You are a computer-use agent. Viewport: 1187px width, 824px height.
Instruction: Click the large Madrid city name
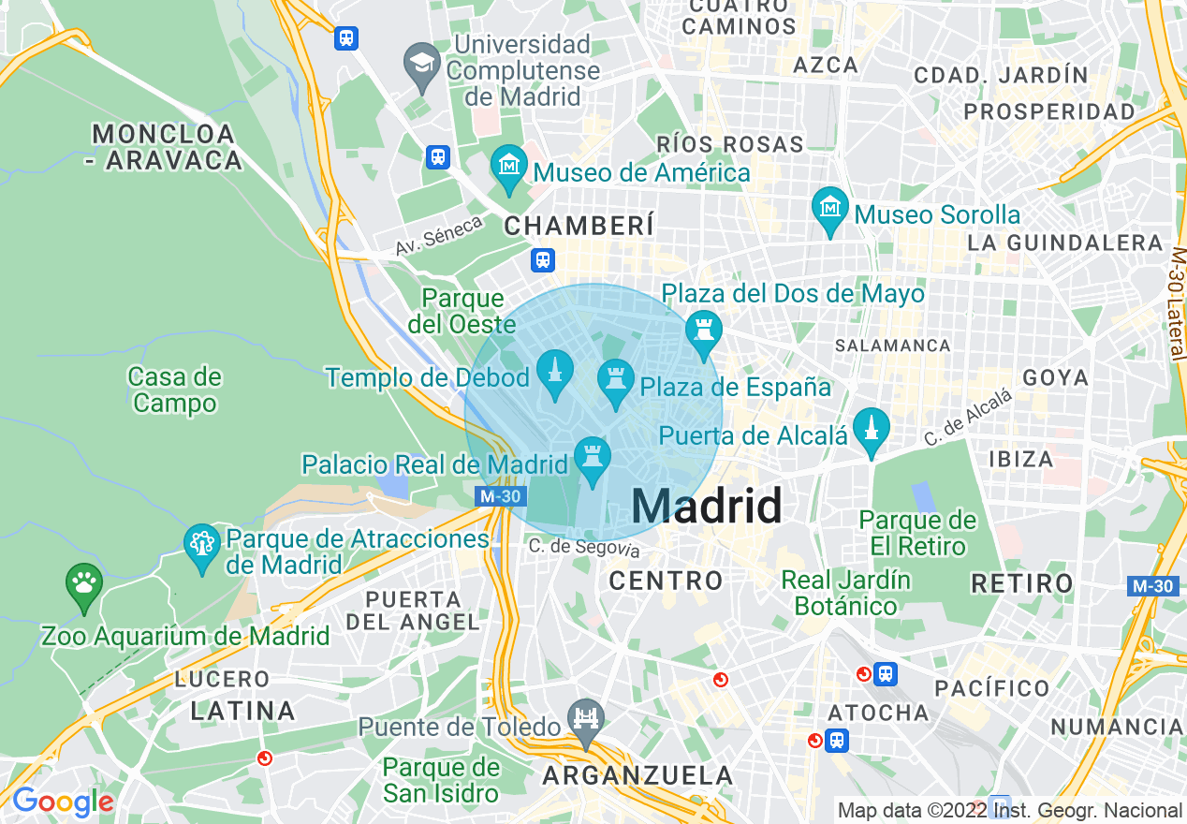[707, 507]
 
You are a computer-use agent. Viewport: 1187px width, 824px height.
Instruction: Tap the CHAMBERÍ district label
[579, 226]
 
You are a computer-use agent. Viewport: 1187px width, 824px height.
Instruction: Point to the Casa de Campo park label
[174, 390]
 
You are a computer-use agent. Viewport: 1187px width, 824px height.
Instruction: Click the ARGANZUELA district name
[637, 775]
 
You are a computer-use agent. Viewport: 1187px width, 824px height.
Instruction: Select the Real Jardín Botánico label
[846, 593]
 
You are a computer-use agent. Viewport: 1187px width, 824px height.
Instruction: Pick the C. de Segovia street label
[584, 548]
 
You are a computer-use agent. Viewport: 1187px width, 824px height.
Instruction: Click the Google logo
[63, 802]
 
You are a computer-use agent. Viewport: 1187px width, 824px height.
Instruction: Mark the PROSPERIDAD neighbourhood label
[1049, 111]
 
